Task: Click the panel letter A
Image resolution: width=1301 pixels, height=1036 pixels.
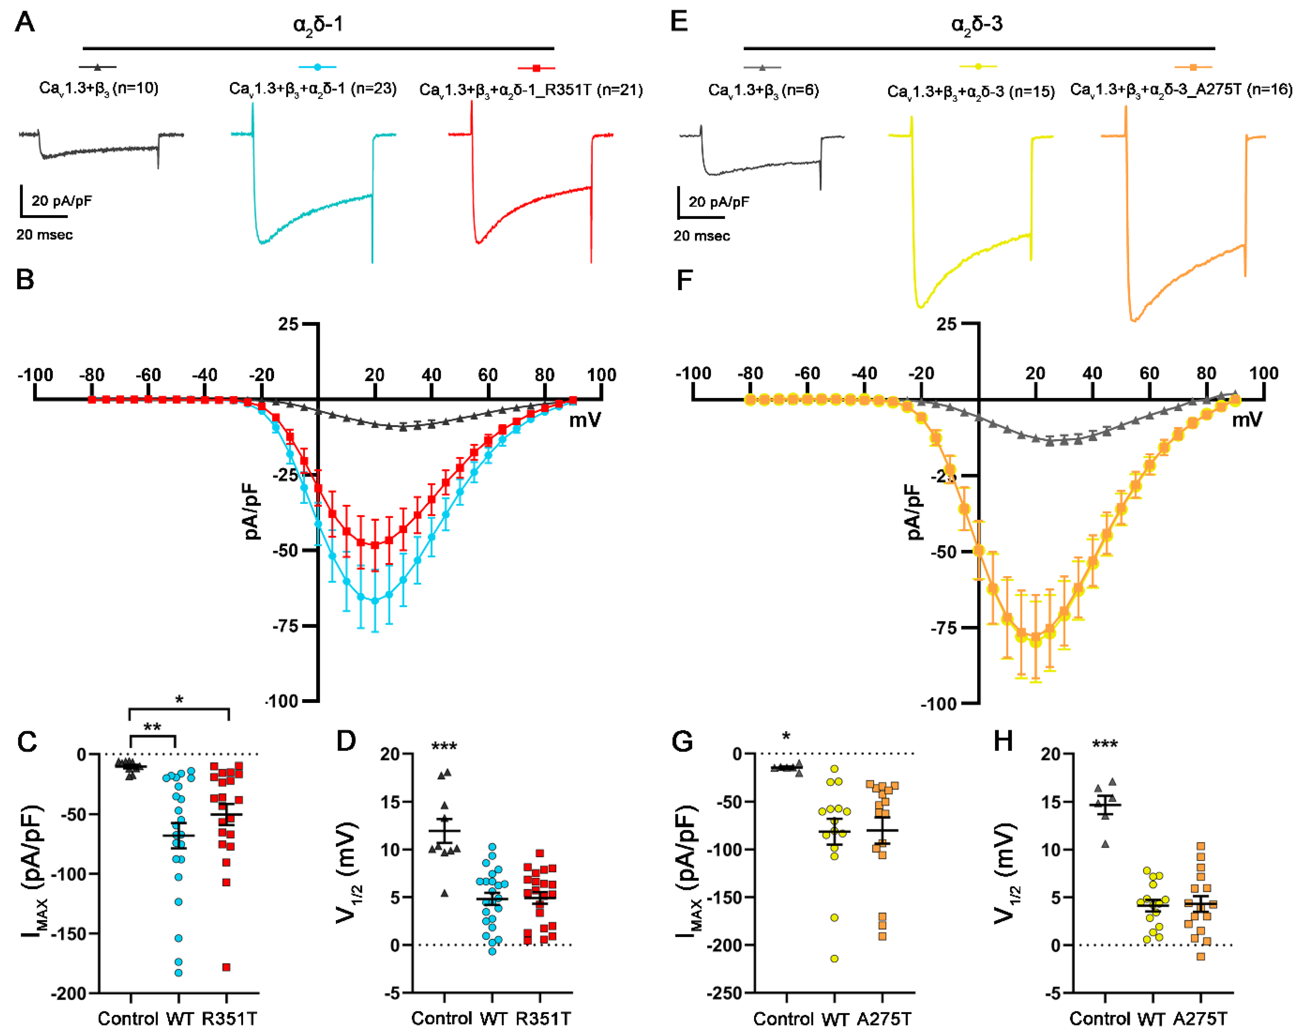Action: tap(25, 23)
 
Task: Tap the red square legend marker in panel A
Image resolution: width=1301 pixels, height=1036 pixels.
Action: tap(536, 68)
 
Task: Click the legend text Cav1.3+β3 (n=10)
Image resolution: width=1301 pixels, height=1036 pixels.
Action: tap(98, 89)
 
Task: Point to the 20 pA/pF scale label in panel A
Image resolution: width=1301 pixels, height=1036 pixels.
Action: tap(62, 201)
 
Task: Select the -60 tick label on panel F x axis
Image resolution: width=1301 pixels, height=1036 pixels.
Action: tap(807, 374)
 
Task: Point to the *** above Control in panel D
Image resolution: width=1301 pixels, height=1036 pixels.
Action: tap(444, 747)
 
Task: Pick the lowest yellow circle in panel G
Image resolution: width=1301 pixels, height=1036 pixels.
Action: tap(834, 959)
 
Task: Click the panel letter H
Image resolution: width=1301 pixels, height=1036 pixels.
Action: tap(1003, 741)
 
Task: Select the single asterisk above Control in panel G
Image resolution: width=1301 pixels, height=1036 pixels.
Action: tap(786, 737)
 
